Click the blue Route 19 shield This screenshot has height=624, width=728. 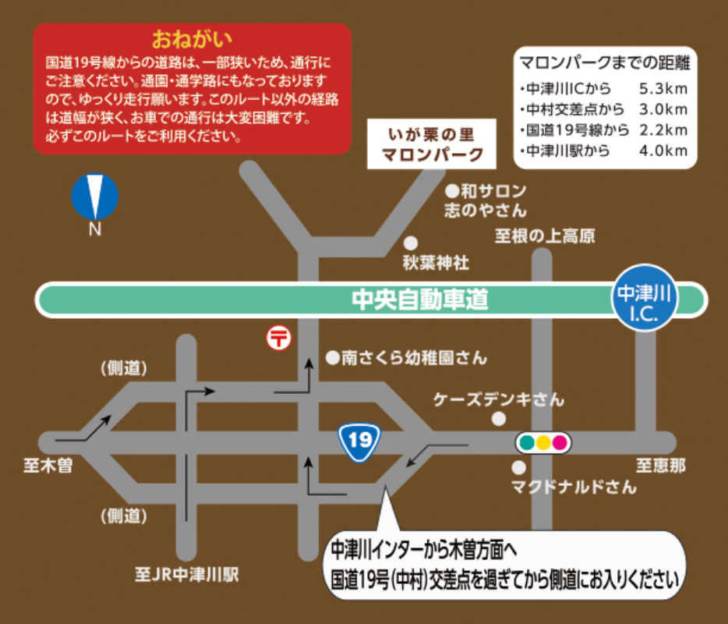click(359, 441)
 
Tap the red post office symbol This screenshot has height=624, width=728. click(278, 338)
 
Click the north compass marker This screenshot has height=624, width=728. click(95, 198)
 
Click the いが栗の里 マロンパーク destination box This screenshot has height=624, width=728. click(432, 144)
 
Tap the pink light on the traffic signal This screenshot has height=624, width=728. click(560, 443)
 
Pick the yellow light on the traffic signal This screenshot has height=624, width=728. click(543, 443)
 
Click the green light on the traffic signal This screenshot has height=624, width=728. click(527, 443)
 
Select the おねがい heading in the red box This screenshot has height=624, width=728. click(193, 38)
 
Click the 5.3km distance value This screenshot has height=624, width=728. click(663, 87)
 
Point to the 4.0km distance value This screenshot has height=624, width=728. click(663, 151)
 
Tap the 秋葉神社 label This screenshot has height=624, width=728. click(436, 263)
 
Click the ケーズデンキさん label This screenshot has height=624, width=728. click(499, 399)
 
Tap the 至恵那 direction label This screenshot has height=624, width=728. click(661, 466)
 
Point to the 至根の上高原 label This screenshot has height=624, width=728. click(545, 236)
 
